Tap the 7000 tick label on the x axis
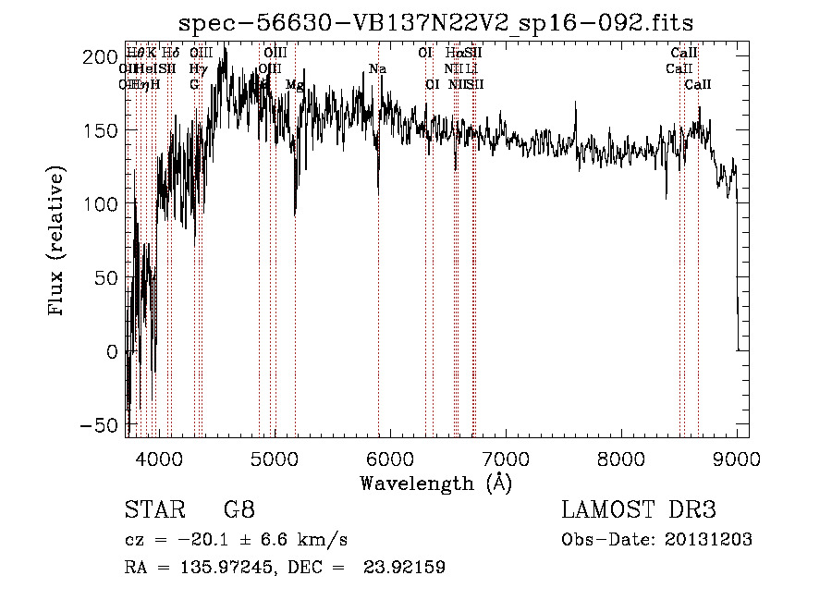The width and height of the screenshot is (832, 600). click(x=506, y=457)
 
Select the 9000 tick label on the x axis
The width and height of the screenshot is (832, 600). click(x=737, y=457)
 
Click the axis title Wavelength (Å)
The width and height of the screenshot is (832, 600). click(x=435, y=482)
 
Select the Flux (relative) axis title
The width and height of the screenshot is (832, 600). click(x=57, y=242)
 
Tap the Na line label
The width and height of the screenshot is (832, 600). click(x=377, y=69)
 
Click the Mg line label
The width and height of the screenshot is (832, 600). click(x=294, y=85)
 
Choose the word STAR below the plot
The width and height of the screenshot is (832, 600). click(x=153, y=510)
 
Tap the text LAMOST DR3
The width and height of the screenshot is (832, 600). click(x=638, y=510)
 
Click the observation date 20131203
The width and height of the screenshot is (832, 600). click(x=708, y=540)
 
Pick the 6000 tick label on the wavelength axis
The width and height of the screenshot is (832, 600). click(x=390, y=457)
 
